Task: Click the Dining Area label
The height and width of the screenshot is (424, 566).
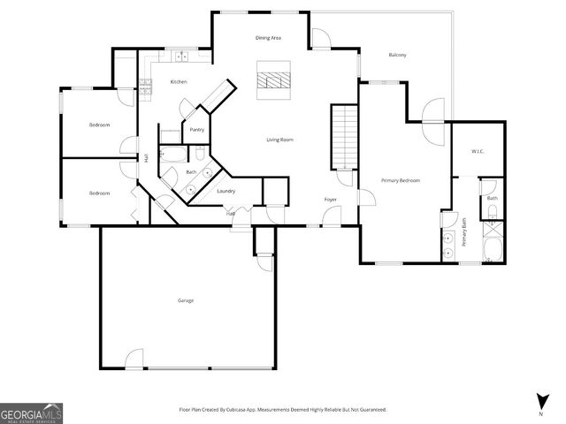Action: (268, 38)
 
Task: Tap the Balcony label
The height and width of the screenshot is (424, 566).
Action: (397, 56)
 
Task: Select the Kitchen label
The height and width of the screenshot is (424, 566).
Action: (179, 82)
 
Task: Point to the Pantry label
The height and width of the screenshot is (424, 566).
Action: (196, 130)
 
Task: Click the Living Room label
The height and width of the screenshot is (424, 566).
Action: (280, 140)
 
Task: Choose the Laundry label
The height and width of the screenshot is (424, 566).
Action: (226, 191)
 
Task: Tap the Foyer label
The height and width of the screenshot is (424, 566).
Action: (330, 200)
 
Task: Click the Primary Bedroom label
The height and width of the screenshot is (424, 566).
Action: (401, 180)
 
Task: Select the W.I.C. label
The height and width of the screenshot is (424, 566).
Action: (478, 150)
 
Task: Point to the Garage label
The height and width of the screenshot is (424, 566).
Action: (185, 300)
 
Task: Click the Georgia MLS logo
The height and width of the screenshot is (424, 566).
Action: (31, 413)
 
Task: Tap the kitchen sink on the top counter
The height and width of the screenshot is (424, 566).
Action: (182, 57)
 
